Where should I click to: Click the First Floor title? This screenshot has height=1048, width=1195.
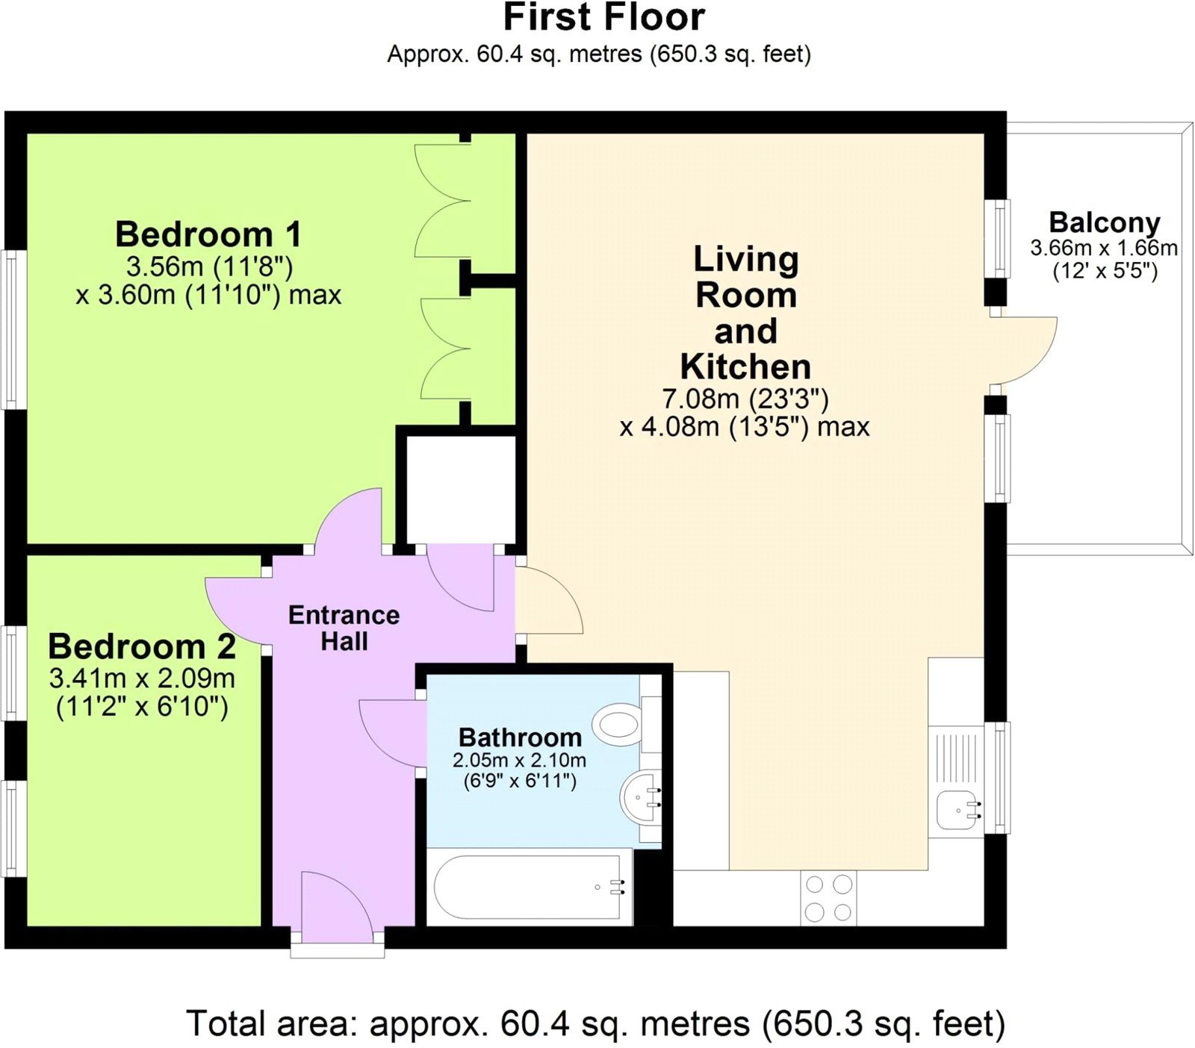pyautogui.click(x=603, y=18)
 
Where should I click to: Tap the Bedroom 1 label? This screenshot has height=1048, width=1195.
pyautogui.click(x=208, y=234)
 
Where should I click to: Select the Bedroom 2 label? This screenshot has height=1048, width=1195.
pyautogui.click(x=142, y=646)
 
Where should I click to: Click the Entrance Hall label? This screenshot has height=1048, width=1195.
pyautogui.click(x=344, y=628)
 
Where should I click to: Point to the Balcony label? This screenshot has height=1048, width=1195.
pyautogui.click(x=1104, y=222)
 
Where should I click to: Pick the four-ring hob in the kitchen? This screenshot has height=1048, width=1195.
pyautogui.click(x=828, y=898)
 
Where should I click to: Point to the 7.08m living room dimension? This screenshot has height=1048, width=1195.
pyautogui.click(x=745, y=399)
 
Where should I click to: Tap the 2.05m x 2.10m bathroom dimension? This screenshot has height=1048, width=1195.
pyautogui.click(x=519, y=761)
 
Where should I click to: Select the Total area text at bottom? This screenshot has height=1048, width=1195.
pyautogui.click(x=595, y=1023)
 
